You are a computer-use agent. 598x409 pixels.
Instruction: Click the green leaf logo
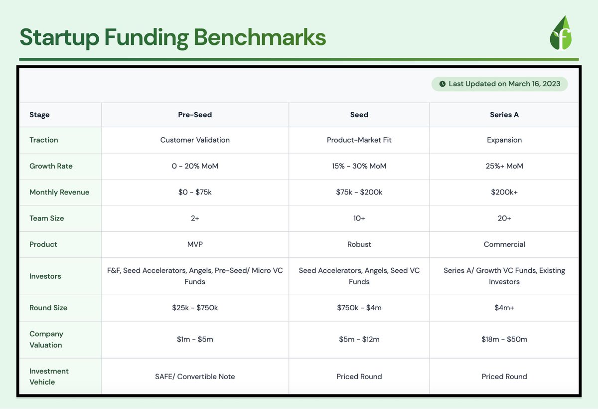click(x=561, y=33)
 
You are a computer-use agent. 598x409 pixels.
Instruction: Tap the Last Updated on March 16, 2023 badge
click(x=500, y=84)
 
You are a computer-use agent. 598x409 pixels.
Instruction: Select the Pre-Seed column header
click(x=195, y=115)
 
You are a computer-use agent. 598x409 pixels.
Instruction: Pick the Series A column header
click(x=504, y=115)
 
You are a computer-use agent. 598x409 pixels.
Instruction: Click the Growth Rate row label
click(x=51, y=166)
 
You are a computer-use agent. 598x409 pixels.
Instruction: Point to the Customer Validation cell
click(x=195, y=140)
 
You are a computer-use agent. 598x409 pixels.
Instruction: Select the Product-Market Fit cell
click(x=359, y=140)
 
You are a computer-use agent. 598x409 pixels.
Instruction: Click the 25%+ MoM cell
click(x=504, y=166)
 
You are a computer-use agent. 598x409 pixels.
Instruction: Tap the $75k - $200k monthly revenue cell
click(x=359, y=192)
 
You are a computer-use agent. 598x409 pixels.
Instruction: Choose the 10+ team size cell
click(x=359, y=218)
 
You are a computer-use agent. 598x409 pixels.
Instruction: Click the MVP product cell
click(x=195, y=244)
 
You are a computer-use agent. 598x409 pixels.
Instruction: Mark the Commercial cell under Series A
click(x=504, y=244)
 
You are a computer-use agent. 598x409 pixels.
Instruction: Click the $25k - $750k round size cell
click(x=195, y=308)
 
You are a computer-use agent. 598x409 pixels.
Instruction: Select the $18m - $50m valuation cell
click(x=504, y=339)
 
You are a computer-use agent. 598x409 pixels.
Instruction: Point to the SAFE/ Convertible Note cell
click(x=195, y=377)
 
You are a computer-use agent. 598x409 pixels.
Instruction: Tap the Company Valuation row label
click(x=46, y=339)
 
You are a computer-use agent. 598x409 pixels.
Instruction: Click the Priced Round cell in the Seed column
click(x=359, y=377)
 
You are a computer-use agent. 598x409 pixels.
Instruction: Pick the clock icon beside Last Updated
click(x=443, y=84)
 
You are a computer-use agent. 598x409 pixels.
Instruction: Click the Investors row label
click(x=45, y=276)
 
